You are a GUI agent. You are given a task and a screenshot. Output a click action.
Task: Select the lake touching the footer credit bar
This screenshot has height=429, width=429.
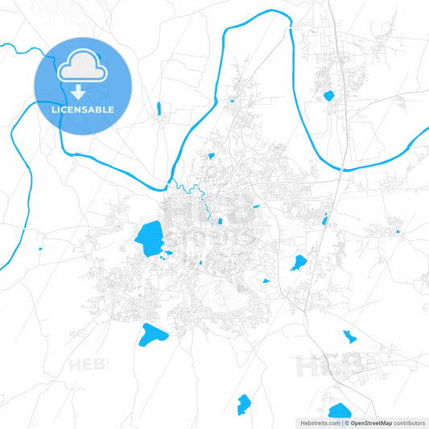340,410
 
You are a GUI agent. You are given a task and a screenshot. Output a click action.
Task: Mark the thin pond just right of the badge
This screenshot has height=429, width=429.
159,108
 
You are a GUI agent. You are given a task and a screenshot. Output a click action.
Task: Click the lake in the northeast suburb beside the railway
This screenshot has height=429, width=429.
328,96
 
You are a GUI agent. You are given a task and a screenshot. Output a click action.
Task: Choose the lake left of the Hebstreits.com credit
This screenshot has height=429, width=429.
243,405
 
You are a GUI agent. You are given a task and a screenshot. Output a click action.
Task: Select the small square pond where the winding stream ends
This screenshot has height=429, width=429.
220,221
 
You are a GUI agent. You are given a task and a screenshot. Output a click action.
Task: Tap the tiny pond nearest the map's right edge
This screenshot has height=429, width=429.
398,232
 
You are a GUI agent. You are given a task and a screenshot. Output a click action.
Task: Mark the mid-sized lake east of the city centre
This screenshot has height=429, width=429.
299,262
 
